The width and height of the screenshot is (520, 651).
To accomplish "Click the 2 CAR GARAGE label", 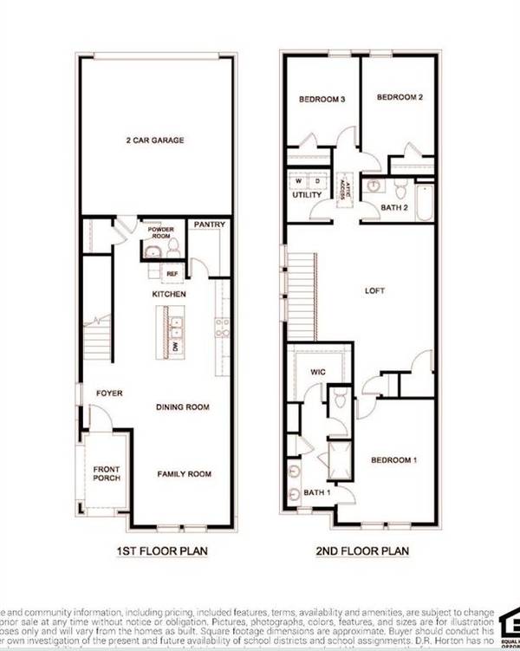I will (156, 140).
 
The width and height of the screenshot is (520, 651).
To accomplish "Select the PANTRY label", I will (210, 225).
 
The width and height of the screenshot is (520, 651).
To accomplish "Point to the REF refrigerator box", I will (172, 273).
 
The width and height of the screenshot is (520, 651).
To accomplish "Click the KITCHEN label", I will (170, 295).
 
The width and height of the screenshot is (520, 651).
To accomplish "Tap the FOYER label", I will (109, 393).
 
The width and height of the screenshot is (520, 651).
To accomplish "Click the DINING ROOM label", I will (183, 407).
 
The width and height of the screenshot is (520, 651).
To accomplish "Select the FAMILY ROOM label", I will (184, 474).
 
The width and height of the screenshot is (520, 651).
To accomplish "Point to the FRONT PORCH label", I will (107, 473).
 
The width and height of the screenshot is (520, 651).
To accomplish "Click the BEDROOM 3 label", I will (322, 100).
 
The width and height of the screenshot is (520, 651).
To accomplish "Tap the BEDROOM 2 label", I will (400, 98).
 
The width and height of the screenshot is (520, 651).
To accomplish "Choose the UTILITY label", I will (307, 195).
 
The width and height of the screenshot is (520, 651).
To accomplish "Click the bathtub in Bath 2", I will (425, 203).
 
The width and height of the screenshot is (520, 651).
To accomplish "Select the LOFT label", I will (374, 292).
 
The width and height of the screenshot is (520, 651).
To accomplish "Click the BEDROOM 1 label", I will (394, 459).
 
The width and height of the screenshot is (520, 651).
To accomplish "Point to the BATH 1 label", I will (316, 493).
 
